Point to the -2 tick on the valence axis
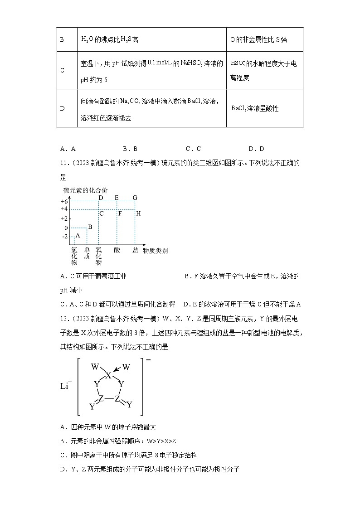(x=64, y=237)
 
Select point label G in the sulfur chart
(x=135, y=198)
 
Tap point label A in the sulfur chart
(x=78, y=235)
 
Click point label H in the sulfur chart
(x=138, y=213)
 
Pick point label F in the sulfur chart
(x=120, y=213)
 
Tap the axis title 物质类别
(x=155, y=250)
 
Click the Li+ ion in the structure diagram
(x=66, y=386)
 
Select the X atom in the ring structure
(x=108, y=375)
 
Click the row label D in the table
(x=62, y=109)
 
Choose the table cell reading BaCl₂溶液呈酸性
(x=255, y=109)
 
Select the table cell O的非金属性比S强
(x=258, y=40)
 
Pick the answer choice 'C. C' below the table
(x=193, y=149)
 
